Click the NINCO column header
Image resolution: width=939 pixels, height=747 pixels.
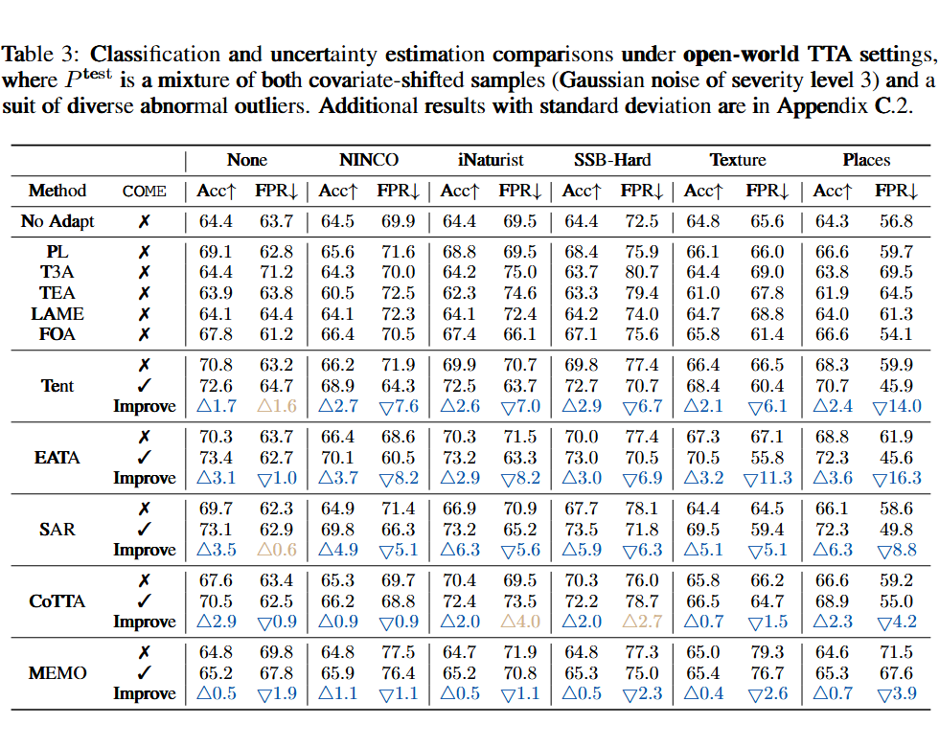tap(369, 160)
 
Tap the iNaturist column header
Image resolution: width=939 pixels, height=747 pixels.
tap(491, 160)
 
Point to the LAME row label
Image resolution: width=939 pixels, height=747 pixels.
tap(57, 313)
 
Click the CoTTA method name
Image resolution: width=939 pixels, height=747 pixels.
tap(57, 601)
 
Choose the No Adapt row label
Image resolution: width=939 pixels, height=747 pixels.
tap(57, 221)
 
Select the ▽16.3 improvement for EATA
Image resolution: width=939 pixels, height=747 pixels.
tap(897, 477)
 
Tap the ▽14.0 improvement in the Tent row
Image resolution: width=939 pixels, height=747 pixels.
tap(897, 406)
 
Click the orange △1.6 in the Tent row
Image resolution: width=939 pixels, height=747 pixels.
tap(276, 406)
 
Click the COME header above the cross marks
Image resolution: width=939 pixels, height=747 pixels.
tap(145, 192)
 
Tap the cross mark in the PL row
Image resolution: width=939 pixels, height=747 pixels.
tap(145, 252)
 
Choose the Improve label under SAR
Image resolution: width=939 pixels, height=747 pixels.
tap(145, 550)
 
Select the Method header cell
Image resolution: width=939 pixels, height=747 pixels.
tap(57, 191)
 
